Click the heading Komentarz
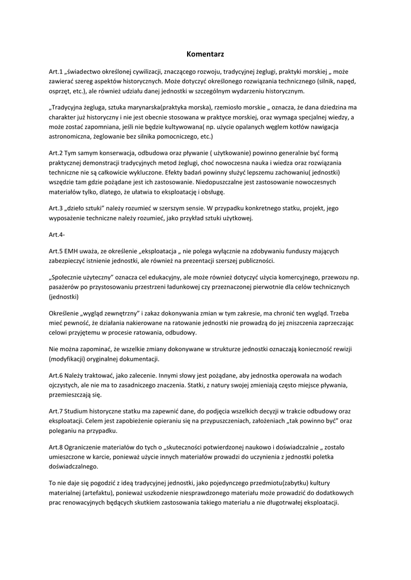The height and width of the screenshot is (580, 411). [x=205, y=54]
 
